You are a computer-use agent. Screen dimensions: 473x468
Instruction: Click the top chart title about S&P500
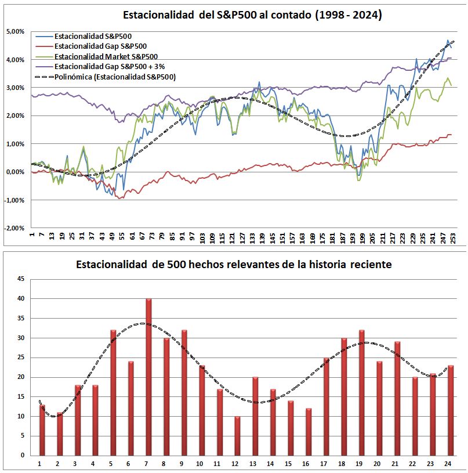coord(252,16)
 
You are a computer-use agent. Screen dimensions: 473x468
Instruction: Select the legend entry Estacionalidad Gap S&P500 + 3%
coord(108,66)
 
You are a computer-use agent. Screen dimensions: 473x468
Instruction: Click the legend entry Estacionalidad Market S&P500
coord(105,56)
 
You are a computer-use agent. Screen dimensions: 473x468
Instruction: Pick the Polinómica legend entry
coord(114,77)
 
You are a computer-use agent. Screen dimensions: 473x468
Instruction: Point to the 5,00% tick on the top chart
coord(15,31)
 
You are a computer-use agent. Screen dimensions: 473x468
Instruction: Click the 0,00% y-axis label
coord(15,172)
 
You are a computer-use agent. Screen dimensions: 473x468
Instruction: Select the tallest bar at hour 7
coord(148,377)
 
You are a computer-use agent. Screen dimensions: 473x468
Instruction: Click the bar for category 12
coord(237,435)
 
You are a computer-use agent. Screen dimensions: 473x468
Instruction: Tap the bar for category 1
coord(42,429)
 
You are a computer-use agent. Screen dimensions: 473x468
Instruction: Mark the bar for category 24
coord(451,410)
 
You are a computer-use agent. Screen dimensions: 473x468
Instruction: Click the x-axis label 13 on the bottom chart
coord(255,463)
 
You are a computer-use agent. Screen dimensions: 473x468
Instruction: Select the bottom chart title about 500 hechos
coord(234,265)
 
